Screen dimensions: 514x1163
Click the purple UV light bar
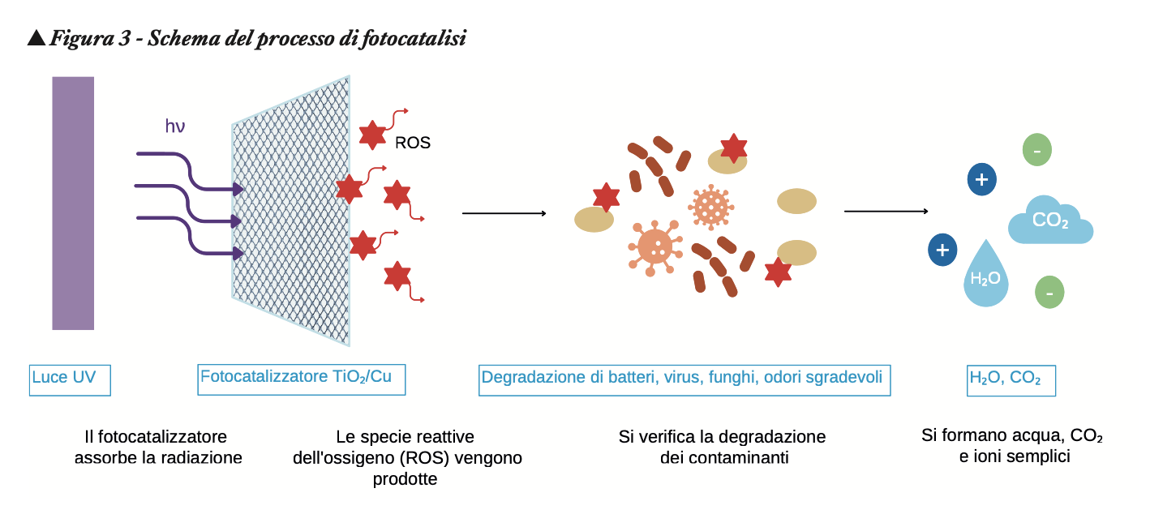pyautogui.click(x=73, y=203)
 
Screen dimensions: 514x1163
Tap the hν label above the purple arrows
pyautogui.click(x=176, y=126)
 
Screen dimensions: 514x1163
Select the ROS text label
pyautogui.click(x=412, y=143)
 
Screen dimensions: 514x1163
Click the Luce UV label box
pyautogui.click(x=70, y=379)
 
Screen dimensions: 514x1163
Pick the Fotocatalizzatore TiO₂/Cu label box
pyautogui.click(x=301, y=378)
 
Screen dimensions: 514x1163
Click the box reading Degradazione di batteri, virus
pyautogui.click(x=684, y=379)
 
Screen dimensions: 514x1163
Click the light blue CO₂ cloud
pyautogui.click(x=1050, y=221)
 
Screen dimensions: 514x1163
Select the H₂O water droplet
pyautogui.click(x=986, y=276)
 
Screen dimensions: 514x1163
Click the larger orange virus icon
pyautogui.click(x=654, y=246)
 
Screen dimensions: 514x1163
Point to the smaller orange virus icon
pyautogui.click(x=712, y=206)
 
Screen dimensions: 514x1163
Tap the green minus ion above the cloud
pyautogui.click(x=1037, y=150)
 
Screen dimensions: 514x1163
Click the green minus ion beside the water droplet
pyautogui.click(x=1049, y=291)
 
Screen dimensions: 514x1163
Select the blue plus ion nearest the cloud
pyautogui.click(x=981, y=179)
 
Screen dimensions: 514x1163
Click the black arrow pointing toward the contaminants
pyautogui.click(x=504, y=213)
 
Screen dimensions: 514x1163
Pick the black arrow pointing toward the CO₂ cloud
pyautogui.click(x=886, y=212)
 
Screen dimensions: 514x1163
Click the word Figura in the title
pyautogui.click(x=78, y=38)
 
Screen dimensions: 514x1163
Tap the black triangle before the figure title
pyautogui.click(x=36, y=37)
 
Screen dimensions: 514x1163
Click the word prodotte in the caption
pyautogui.click(x=405, y=479)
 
